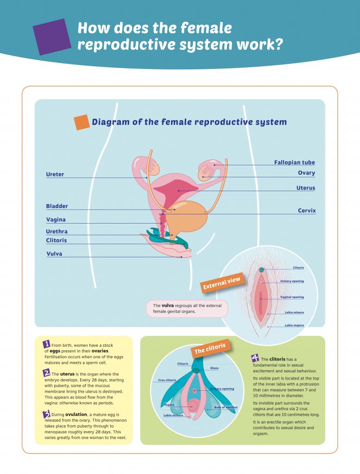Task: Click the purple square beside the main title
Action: pos(51,37)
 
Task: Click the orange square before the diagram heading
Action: pos(82,122)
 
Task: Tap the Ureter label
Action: pos(55,175)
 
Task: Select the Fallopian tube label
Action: pos(294,162)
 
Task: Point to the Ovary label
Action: pos(306,173)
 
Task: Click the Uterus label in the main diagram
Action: pos(305,188)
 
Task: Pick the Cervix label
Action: pos(307,211)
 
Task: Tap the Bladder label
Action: pos(57,206)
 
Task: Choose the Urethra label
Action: pos(57,231)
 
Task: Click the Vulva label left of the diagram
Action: pos(54,254)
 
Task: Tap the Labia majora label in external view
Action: pos(294,325)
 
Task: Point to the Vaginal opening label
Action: pos(292,297)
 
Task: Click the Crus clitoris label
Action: pos(167,380)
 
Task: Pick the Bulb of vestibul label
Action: pos(226,407)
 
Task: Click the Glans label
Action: pos(215,368)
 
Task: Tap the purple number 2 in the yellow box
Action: pos(46,373)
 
